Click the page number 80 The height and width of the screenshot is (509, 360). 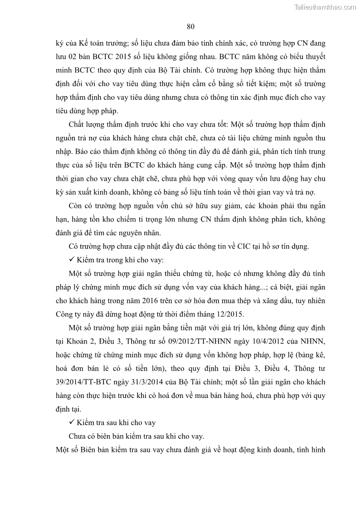[190, 26]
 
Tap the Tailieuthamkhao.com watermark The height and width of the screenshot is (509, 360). [325, 7]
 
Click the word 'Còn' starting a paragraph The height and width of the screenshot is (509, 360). [76, 206]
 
